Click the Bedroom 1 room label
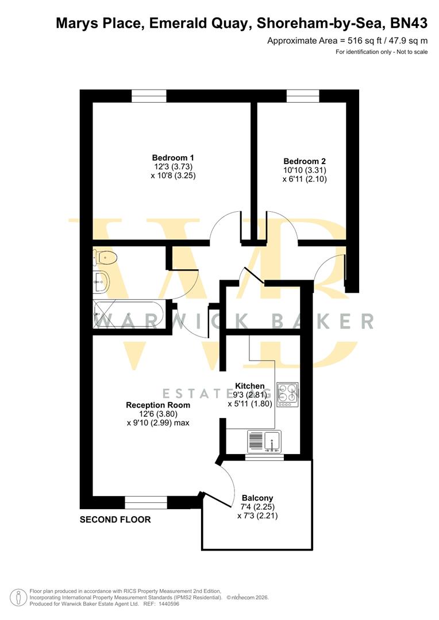click(173, 158)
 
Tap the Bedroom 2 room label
click(305, 161)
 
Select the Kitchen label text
click(250, 386)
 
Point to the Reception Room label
click(158, 405)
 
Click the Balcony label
click(257, 498)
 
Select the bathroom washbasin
click(101, 281)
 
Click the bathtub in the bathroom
click(129, 315)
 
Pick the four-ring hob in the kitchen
click(287, 394)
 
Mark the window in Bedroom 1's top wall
click(149, 96)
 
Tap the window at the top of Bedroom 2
click(303, 96)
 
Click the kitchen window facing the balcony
click(264, 458)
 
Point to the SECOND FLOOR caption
click(115, 520)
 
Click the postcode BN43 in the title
click(408, 24)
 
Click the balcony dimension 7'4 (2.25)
click(257, 507)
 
